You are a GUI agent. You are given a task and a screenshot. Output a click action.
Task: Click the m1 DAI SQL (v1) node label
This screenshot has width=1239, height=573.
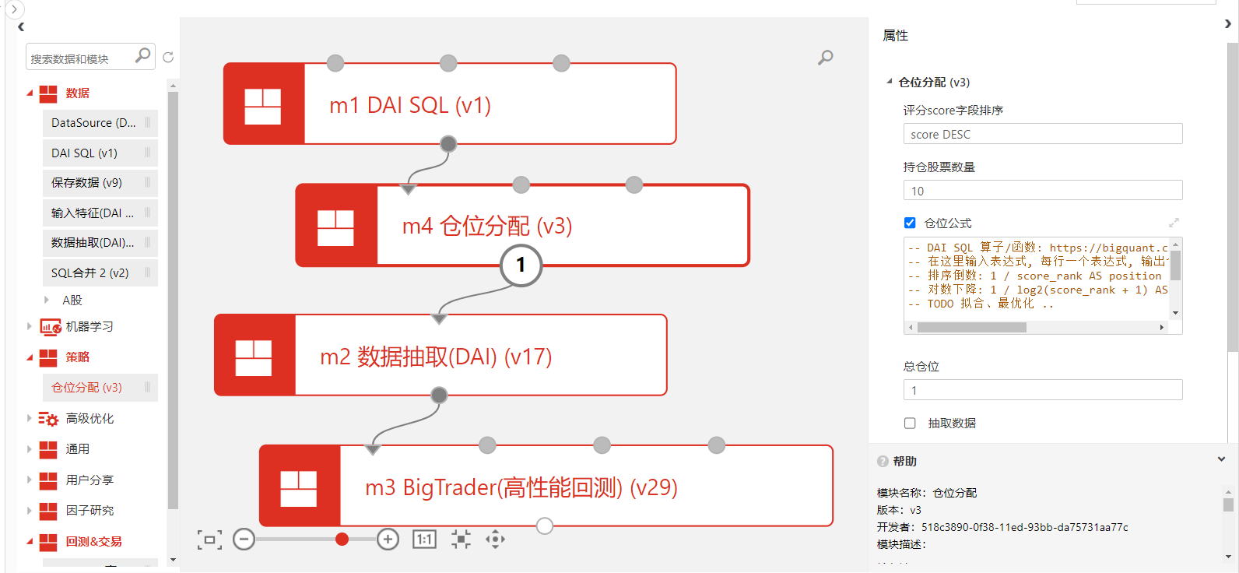(410, 105)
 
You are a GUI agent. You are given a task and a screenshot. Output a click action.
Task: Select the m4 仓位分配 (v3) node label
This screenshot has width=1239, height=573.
(487, 226)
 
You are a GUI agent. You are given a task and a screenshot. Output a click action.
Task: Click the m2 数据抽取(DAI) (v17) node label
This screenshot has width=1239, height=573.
(436, 357)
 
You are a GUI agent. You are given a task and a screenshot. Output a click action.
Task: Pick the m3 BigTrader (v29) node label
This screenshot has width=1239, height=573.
(521, 487)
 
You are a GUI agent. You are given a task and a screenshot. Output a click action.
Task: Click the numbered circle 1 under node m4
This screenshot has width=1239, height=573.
(521, 265)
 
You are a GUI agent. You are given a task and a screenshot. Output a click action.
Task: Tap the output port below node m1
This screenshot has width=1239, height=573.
(448, 144)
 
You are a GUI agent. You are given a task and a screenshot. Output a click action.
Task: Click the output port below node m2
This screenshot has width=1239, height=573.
(439, 395)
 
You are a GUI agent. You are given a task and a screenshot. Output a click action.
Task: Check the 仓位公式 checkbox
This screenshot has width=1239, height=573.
(910, 223)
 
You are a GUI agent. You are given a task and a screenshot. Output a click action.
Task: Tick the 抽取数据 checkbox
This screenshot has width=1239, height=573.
(910, 424)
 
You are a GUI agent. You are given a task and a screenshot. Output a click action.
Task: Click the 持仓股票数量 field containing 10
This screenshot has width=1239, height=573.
(1042, 191)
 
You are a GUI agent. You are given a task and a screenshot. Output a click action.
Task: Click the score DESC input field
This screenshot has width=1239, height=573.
(1042, 134)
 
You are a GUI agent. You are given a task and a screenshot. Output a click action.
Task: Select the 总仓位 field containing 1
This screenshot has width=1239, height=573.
(1042, 390)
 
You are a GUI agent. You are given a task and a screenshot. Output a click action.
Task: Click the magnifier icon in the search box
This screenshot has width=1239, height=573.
(142, 56)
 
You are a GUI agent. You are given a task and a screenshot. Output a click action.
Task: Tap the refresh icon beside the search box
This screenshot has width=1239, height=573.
(168, 58)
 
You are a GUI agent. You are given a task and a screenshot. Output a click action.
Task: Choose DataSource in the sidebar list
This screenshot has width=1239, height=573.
(93, 123)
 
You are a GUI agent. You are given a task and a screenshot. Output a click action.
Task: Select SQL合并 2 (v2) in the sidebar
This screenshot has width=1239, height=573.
(90, 273)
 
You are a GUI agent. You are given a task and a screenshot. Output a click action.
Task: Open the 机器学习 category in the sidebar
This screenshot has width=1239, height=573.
(90, 327)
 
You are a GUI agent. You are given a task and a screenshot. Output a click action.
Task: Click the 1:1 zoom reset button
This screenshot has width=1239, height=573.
(424, 540)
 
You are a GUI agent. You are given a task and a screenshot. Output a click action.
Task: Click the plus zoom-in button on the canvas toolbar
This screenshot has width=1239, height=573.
(388, 540)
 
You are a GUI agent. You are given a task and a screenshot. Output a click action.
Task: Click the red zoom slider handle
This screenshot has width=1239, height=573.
(342, 540)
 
